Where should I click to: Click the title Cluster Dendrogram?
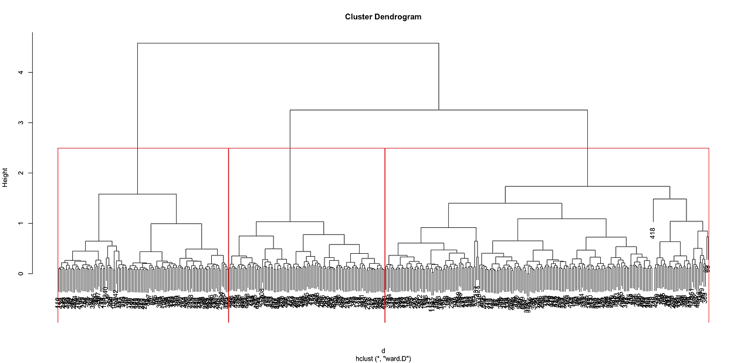[x=383, y=17]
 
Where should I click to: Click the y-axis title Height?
[x=5, y=177]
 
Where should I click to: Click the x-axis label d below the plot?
[x=383, y=351]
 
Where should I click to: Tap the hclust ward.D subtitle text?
[x=383, y=358]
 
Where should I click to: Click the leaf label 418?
[x=652, y=233]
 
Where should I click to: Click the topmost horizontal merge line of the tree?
[x=287, y=43]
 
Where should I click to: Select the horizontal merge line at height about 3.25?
[x=438, y=110]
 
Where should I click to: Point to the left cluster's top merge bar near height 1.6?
[x=137, y=194]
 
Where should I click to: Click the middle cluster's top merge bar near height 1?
[x=290, y=221]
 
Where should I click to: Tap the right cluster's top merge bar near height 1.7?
[x=587, y=186]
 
